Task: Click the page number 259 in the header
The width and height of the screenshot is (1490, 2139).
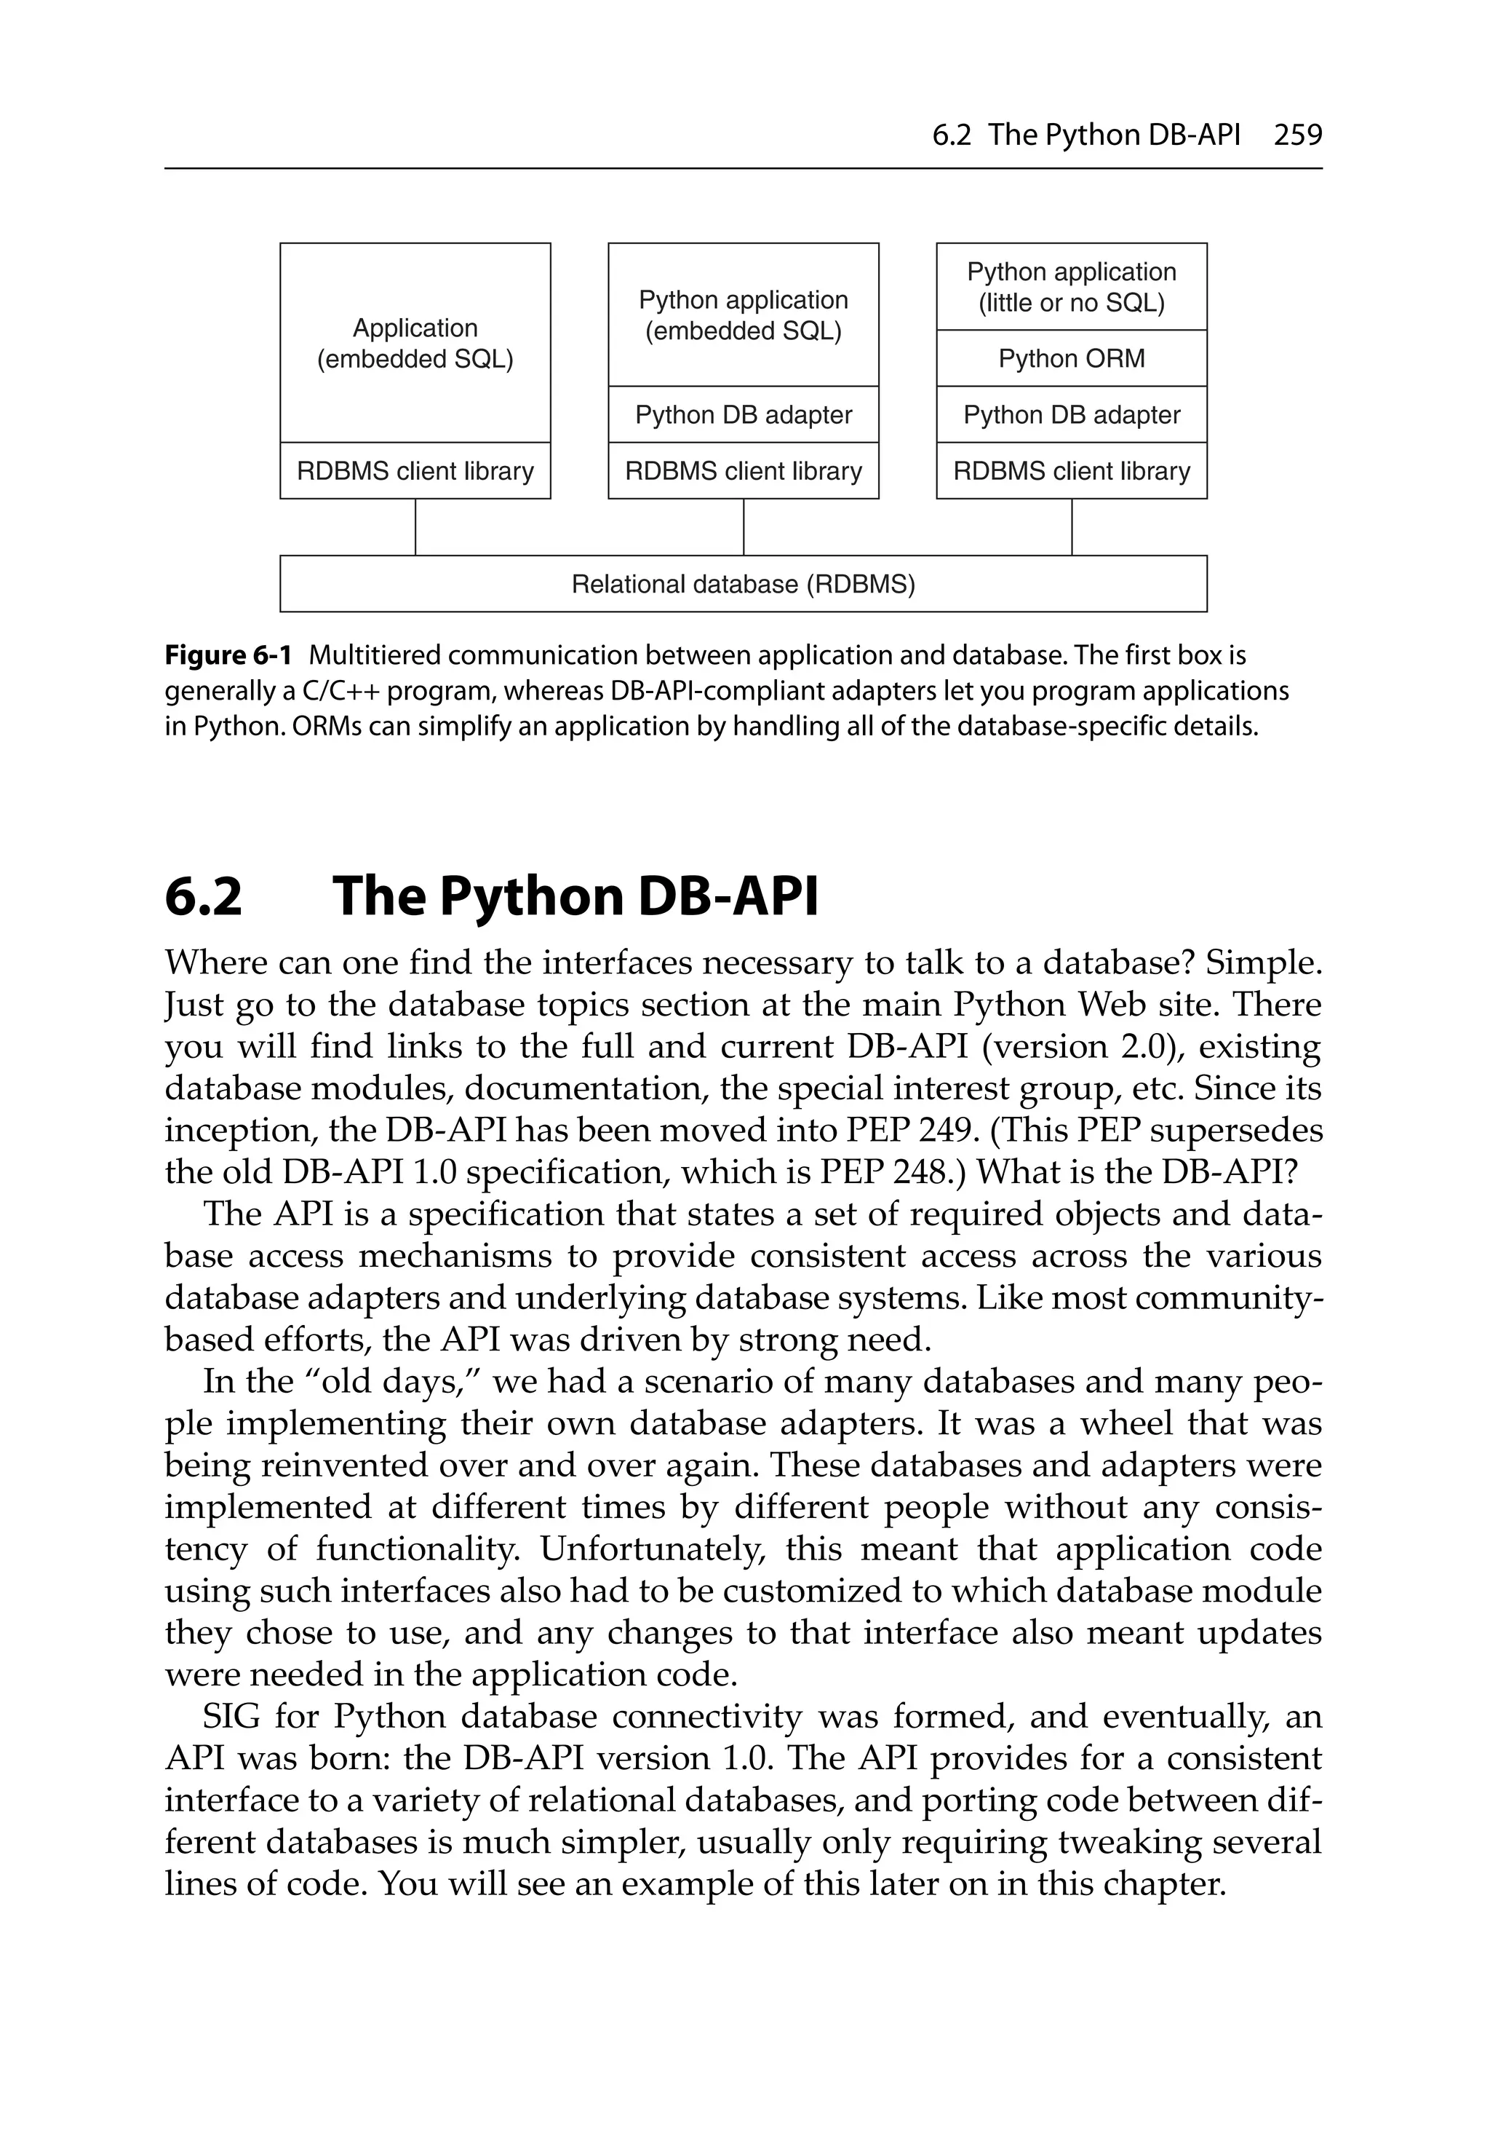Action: point(1297,135)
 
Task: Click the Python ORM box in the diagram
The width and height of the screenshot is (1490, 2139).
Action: point(1071,359)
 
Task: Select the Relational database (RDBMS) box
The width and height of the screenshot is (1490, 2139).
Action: point(743,584)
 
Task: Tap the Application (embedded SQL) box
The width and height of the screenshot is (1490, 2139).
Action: point(415,343)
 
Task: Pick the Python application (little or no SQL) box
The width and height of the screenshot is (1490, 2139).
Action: point(1071,287)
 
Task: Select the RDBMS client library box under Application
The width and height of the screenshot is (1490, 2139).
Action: point(415,471)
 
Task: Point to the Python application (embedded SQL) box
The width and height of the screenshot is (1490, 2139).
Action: point(743,315)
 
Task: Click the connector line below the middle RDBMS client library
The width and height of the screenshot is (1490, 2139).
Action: point(743,527)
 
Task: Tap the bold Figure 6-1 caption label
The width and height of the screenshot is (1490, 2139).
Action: point(228,656)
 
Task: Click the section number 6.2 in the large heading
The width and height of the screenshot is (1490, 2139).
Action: point(203,896)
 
